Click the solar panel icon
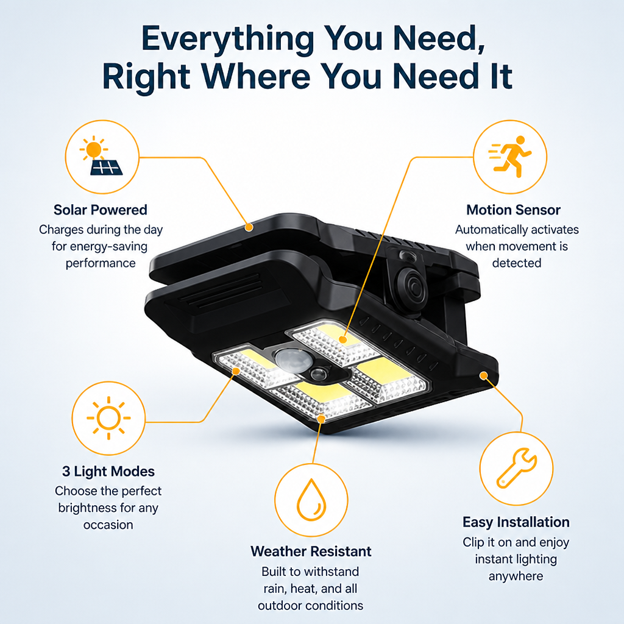106,168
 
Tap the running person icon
510,157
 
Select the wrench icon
517,468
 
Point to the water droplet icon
311,500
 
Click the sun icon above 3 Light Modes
108,418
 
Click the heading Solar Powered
101,210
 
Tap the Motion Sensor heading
513,210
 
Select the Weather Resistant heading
311,551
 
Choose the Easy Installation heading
516,522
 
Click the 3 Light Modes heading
108,471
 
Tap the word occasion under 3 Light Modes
108,525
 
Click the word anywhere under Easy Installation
516,576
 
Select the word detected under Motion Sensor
517,263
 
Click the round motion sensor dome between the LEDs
294,361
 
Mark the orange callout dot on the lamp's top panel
249,227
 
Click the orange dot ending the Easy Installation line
483,375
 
